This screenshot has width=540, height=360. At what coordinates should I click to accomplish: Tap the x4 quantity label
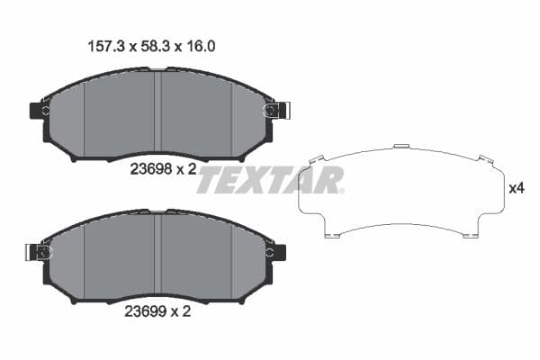tap(516, 189)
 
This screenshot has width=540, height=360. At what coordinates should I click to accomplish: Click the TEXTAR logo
tap(270, 180)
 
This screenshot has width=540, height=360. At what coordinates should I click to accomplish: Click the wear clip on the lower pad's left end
tap(40, 253)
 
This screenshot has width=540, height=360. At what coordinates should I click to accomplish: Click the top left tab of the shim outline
tap(315, 158)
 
